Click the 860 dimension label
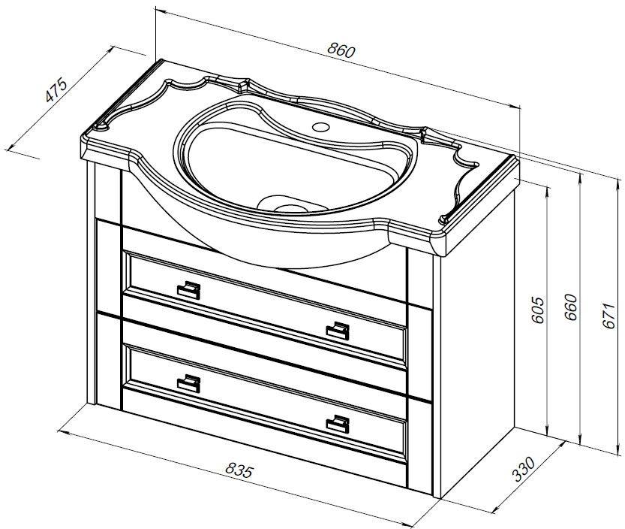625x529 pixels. (x=341, y=50)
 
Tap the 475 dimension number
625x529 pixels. (x=56, y=91)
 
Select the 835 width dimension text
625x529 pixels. (x=239, y=470)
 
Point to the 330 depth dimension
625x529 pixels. (x=523, y=469)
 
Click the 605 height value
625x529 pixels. (x=538, y=310)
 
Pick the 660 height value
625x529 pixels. (x=571, y=307)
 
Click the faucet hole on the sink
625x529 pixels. (x=321, y=127)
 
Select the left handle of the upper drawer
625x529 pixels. (x=188, y=290)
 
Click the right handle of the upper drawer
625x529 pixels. (x=338, y=331)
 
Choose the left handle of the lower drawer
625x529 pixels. (x=188, y=384)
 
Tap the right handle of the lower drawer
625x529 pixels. (x=338, y=424)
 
